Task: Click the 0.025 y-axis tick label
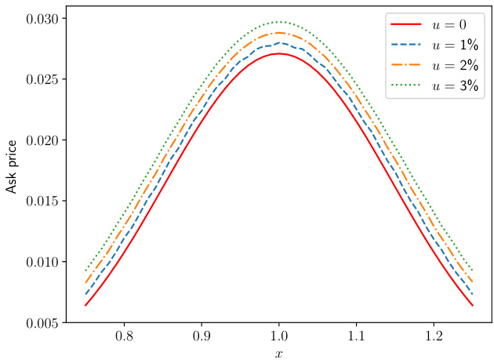coord(37,79)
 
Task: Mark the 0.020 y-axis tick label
coord(37,140)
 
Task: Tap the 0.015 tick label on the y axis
coord(37,201)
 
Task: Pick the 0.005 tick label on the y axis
coord(37,322)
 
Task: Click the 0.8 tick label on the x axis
coord(123,336)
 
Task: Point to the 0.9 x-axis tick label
coord(201,336)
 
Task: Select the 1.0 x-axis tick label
coord(279,336)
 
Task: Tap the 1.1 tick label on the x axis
coord(357,336)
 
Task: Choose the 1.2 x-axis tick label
coord(434,336)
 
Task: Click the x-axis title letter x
coord(278,352)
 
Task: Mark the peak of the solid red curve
coord(279,53)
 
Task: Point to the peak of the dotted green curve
coord(279,22)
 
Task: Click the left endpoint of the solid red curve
coord(85,305)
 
